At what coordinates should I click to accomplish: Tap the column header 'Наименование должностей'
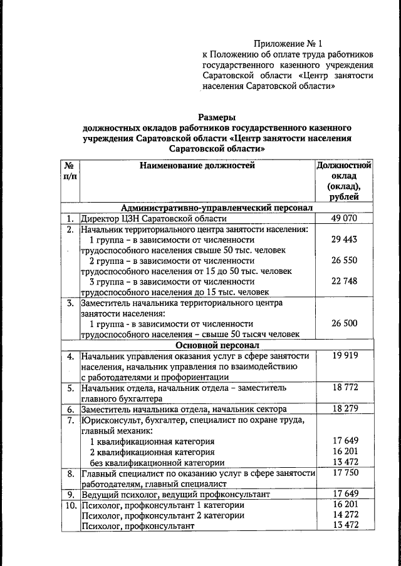point(197,166)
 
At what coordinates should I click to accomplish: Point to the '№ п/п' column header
point(70,171)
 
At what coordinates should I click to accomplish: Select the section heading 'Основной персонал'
point(217,345)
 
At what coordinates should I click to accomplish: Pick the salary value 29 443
point(343,240)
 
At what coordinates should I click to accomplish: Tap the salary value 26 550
point(343,260)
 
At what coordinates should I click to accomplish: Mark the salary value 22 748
point(343,281)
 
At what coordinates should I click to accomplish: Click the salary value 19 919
point(343,356)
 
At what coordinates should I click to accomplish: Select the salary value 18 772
point(343,388)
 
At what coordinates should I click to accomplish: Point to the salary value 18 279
point(343,408)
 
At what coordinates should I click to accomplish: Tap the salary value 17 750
point(343,473)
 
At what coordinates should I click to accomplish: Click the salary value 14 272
point(343,515)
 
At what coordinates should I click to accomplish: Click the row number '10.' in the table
point(70,505)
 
